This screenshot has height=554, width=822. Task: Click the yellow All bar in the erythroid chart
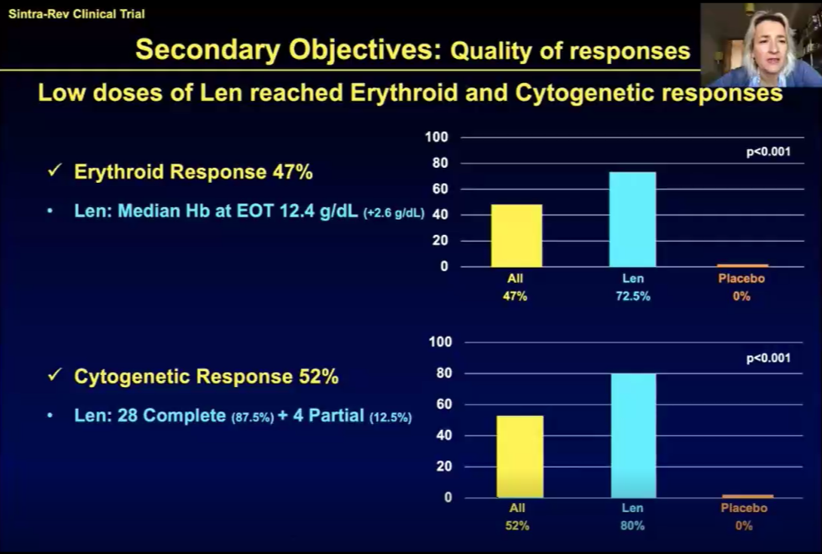516,235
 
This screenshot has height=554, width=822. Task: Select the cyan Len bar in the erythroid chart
632,219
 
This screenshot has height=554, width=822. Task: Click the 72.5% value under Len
632,296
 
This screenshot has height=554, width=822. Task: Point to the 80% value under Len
632,525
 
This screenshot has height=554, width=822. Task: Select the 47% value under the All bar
516,296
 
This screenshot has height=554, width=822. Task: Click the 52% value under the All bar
517,525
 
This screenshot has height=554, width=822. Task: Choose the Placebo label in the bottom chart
744,508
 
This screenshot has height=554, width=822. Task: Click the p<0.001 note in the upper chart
768,153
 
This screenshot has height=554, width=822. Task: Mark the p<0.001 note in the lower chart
768,358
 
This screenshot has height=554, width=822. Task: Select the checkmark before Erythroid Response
55,171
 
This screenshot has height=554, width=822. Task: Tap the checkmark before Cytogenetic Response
55,376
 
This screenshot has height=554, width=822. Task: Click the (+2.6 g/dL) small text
394,213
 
